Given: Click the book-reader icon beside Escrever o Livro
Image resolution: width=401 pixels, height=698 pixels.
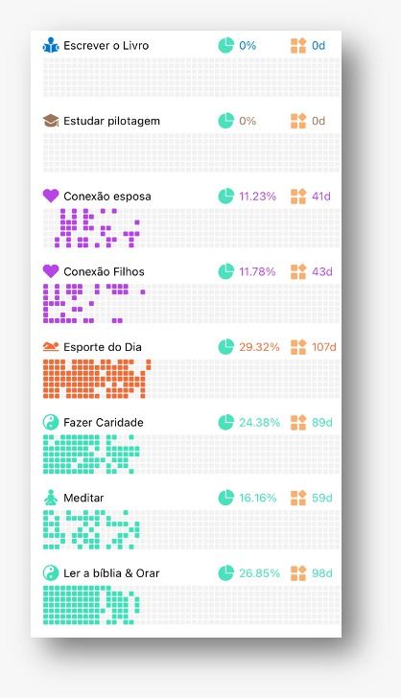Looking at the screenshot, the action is (51, 45).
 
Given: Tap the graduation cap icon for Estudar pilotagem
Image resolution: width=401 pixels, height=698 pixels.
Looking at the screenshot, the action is (51, 121).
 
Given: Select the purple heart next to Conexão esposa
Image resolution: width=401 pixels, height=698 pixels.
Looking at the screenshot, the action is (51, 196).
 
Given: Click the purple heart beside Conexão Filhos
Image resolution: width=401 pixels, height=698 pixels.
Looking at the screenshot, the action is (51, 271).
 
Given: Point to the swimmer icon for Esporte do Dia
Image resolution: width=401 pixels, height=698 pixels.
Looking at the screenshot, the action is (51, 346).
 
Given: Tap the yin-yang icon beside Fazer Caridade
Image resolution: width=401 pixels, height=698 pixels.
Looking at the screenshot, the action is (51, 422).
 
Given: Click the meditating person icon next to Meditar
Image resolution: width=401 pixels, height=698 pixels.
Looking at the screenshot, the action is (51, 498).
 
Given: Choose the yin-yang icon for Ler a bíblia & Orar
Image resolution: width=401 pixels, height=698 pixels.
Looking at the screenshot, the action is (51, 573).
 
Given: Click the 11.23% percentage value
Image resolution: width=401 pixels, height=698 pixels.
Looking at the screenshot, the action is (257, 197).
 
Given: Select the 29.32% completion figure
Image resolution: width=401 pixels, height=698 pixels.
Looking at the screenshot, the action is (259, 347).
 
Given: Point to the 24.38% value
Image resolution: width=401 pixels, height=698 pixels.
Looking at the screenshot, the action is (259, 423).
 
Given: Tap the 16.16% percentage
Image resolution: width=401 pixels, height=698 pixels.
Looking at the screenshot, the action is (257, 498).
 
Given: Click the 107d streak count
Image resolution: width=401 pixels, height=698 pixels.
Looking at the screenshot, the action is (324, 347).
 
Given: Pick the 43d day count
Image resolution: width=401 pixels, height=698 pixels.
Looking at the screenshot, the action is (321, 271).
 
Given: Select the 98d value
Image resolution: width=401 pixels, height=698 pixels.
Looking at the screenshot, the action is (321, 573).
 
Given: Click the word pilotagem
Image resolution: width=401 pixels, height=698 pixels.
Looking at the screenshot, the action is (134, 122).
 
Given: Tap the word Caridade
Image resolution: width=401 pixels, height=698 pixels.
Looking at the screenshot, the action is (119, 423).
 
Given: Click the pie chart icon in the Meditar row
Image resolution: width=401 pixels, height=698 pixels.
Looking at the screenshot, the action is (225, 498).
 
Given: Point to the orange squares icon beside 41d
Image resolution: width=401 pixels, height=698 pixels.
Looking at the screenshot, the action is (298, 196).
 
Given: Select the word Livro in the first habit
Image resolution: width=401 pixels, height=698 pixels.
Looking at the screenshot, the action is (135, 45).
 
